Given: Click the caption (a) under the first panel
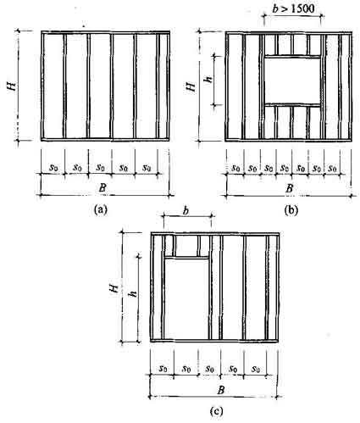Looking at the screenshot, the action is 101,210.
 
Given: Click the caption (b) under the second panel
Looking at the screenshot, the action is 291,210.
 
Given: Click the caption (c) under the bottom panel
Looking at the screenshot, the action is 216,411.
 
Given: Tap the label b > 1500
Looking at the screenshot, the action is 294,8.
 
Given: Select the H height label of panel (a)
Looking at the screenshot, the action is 13,86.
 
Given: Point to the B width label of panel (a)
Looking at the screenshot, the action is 102,187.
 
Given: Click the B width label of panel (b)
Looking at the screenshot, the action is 289,188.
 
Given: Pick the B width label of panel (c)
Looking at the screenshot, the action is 221,390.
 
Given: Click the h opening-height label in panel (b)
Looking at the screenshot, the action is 209,78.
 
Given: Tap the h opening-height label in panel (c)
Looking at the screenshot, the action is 133,293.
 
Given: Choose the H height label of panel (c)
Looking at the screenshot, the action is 114,288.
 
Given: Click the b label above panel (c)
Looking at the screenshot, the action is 186,210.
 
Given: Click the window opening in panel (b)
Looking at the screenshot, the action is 292,81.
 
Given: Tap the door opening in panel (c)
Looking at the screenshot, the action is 186,298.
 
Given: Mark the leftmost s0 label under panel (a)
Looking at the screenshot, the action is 53,167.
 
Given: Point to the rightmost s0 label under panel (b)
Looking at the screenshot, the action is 333,169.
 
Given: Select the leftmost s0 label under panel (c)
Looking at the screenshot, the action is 163,369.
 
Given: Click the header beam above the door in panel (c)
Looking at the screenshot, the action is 186,257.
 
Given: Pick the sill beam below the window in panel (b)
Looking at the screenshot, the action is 292,105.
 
